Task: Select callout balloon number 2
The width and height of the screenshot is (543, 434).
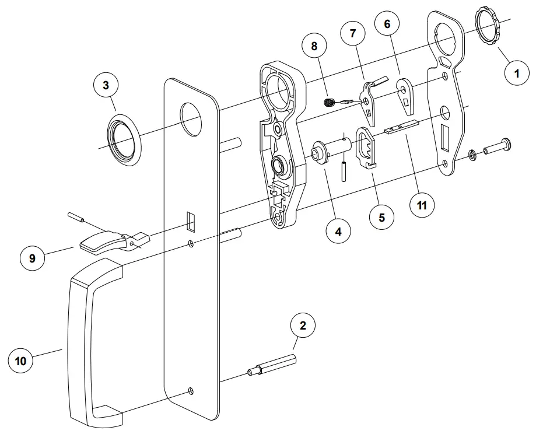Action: pos(303,326)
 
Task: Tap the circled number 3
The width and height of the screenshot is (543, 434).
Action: pos(106,85)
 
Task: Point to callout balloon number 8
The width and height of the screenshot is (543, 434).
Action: pos(314,45)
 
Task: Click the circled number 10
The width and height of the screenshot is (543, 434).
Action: pos(20,361)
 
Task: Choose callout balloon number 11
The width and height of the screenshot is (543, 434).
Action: pos(422,205)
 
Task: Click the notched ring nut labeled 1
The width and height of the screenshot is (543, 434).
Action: pos(489,24)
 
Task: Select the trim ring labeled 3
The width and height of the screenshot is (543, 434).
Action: pos(123,141)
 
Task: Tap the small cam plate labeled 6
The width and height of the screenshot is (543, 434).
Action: pos(406,93)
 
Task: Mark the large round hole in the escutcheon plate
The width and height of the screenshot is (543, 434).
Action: pos(191,117)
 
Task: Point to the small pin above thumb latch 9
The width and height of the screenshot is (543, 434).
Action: pos(76,218)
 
